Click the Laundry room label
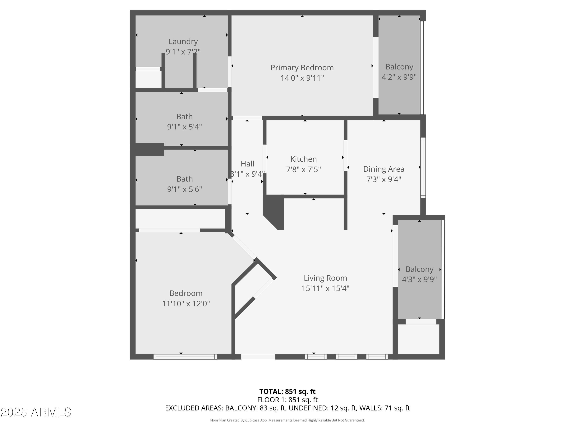[x=183, y=41]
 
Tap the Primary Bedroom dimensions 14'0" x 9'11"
[x=302, y=78]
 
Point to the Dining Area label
[x=384, y=169]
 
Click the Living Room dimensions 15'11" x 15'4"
[x=325, y=288]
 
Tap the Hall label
[x=247, y=164]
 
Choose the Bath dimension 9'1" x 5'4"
[x=184, y=127]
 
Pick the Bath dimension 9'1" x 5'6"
[x=184, y=189]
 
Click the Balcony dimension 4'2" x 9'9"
[x=399, y=77]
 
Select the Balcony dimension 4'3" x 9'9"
[x=419, y=279]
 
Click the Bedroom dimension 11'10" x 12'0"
[x=186, y=304]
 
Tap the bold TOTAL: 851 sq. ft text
[x=287, y=391]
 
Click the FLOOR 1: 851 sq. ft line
[x=287, y=400]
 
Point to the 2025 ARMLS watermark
[x=36, y=412]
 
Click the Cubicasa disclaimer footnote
[x=287, y=420]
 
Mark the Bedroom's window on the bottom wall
[x=185, y=357]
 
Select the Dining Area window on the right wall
[x=423, y=168]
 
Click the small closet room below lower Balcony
[x=419, y=339]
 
